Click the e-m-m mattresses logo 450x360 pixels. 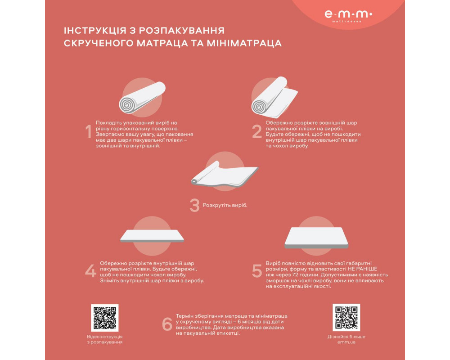[x=348, y=16]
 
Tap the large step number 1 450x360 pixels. [x=89, y=131]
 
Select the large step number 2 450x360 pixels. [x=257, y=131]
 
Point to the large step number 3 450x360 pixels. [x=194, y=205]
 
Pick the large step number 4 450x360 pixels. [x=91, y=271]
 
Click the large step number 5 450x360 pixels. [x=257, y=271]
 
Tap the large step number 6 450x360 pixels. [x=167, y=324]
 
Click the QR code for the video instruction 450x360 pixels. [x=105, y=318]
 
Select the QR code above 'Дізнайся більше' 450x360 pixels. [x=346, y=318]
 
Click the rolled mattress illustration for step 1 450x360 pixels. [x=142, y=98]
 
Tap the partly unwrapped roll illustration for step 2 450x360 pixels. [x=274, y=98]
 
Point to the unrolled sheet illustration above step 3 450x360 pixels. [x=225, y=174]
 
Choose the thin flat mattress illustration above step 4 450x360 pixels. [x=152, y=236]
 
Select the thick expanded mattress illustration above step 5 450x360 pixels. [x=316, y=238]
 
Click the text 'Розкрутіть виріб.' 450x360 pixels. [x=225, y=205]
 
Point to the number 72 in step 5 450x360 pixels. [x=295, y=275]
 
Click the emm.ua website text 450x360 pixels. [x=346, y=342]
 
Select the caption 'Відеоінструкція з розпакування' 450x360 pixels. [x=105, y=339]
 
